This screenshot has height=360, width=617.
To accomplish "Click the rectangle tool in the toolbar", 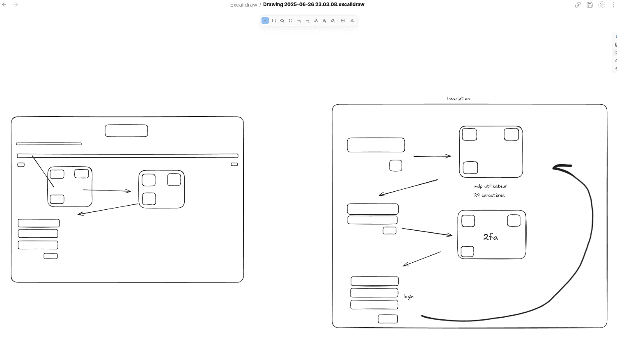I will (274, 21).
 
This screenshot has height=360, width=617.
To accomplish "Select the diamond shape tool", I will (282, 21).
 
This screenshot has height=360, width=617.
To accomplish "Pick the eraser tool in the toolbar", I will (333, 21).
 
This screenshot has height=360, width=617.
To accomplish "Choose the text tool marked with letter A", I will (324, 21).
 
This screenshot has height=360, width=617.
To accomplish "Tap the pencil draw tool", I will (316, 21).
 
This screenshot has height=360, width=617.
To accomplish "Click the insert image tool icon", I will (343, 21).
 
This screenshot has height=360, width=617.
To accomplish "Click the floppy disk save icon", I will (589, 5).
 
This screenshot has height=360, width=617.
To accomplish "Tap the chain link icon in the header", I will (578, 5).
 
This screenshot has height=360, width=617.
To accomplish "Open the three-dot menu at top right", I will (613, 5).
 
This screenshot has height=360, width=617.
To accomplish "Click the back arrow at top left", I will (4, 5).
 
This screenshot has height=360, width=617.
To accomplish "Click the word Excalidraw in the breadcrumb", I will (243, 5).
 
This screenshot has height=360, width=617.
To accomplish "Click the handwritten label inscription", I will (458, 99).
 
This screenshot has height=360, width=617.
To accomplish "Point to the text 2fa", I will (491, 237).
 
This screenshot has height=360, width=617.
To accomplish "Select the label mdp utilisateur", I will (491, 186).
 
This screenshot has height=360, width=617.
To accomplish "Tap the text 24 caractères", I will (489, 195).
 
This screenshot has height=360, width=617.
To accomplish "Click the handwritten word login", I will (408, 296).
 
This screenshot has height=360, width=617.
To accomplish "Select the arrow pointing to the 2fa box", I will (427, 232).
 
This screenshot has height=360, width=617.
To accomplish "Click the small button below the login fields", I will (388, 319).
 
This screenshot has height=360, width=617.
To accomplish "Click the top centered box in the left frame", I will (126, 131).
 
